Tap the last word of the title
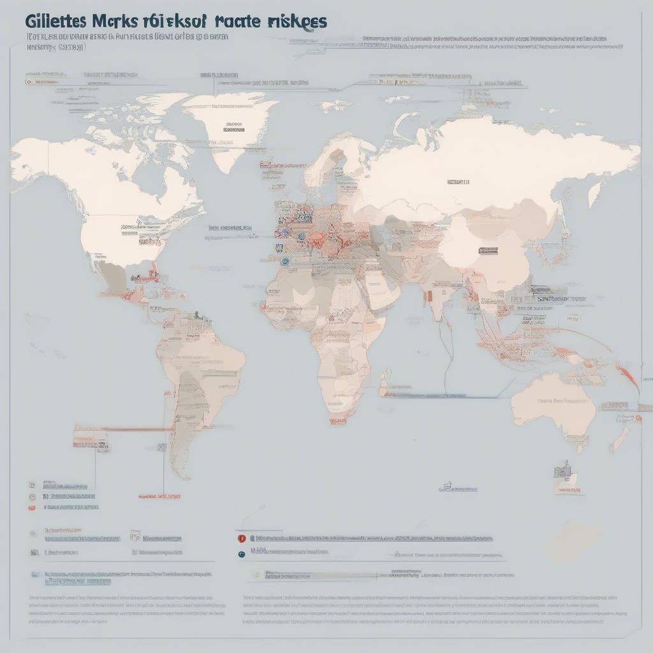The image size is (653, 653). (x=297, y=20)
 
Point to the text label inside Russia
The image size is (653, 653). (x=458, y=182)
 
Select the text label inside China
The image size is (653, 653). (x=488, y=251)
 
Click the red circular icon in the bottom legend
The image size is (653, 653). (x=242, y=538)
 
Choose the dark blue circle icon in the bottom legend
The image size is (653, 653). (x=242, y=554)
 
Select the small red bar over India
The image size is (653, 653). (x=429, y=296)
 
